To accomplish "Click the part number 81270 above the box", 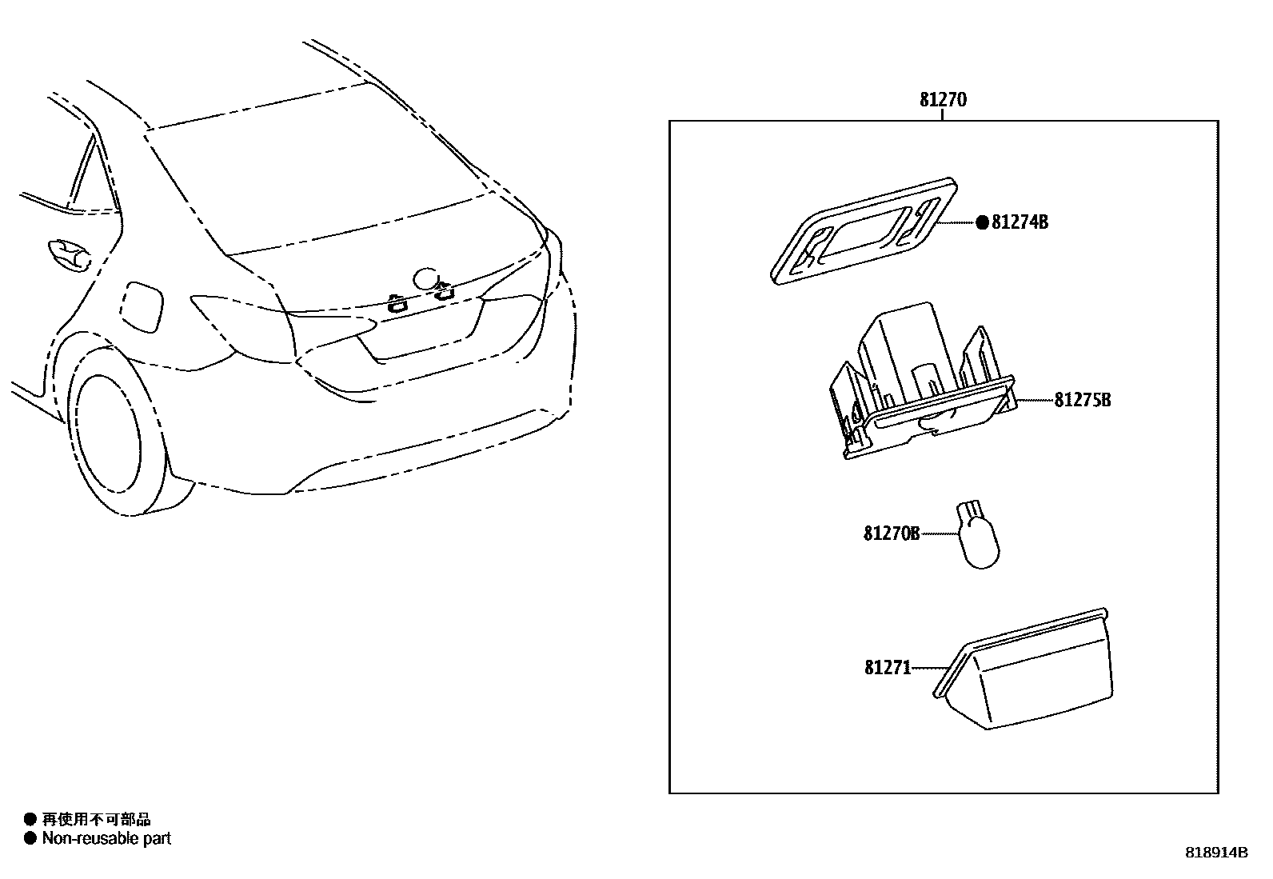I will [943, 100].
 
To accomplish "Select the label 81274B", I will [1020, 223].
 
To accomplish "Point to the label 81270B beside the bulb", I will [891, 533].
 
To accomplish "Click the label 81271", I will [887, 667].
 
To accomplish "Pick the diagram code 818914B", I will [1215, 853].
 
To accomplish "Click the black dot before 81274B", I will [982, 223].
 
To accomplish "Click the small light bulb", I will [978, 535].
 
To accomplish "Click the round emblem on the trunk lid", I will [425, 278].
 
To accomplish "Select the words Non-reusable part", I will [106, 838].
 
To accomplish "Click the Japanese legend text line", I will [96, 819].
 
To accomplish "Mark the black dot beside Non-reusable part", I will [30, 838].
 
